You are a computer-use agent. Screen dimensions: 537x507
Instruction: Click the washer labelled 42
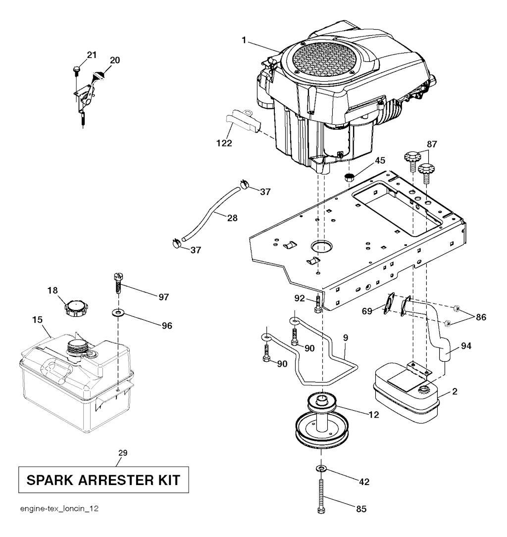click(321, 468)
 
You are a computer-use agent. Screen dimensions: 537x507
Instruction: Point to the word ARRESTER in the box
click(112, 480)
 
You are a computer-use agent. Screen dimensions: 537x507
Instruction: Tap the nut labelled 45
click(350, 176)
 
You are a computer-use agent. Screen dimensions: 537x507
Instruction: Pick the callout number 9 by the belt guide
click(345, 338)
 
